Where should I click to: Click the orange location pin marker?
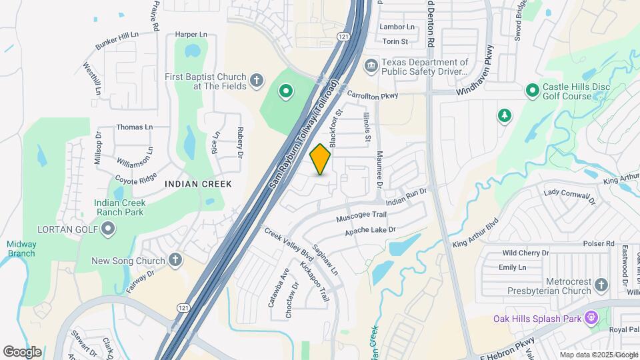tap(321, 159)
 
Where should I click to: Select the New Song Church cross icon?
tap(175, 261)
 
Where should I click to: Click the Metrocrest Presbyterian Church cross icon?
tap(601, 286)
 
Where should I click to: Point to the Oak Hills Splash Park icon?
tap(590, 319)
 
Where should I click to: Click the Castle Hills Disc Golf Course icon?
tap(532, 90)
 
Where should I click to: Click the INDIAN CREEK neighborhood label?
tap(198, 184)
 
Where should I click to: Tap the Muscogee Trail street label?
tap(361, 215)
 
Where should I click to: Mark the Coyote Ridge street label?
tap(135, 179)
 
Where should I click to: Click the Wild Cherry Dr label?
tap(525, 253)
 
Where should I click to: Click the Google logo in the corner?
tap(22, 351)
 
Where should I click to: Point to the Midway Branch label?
tap(21, 248)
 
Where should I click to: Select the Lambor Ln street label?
tap(397, 27)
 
